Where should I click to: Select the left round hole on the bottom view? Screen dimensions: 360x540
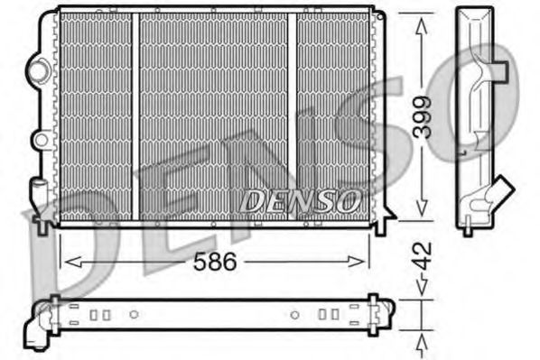click(x=134, y=315)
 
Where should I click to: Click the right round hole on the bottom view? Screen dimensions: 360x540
click(x=295, y=315)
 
